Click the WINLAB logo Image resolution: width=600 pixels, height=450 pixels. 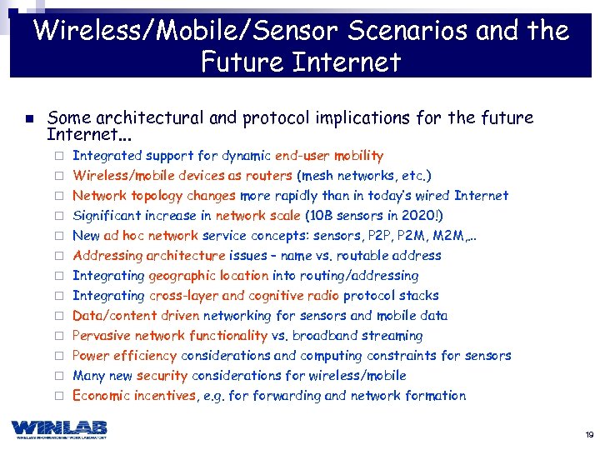[x=59, y=428]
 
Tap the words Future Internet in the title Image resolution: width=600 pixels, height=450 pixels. [x=301, y=62]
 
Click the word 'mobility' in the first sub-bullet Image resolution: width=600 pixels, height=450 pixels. [x=358, y=156]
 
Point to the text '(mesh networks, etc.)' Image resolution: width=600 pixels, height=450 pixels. [x=364, y=176]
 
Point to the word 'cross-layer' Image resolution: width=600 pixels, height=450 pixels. [x=184, y=296]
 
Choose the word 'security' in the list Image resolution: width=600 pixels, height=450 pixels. [x=162, y=376]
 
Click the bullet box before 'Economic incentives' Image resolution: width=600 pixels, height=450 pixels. [x=59, y=396]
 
